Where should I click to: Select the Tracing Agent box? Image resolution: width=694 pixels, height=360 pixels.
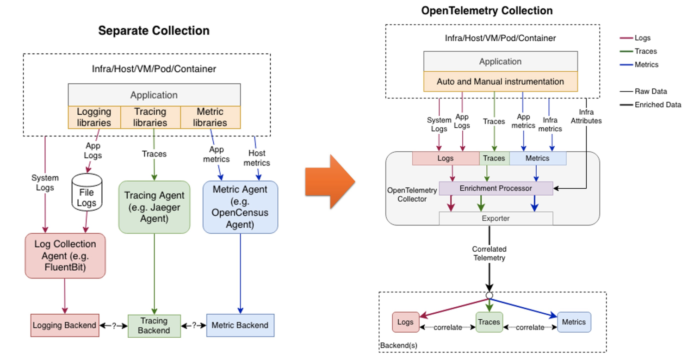(x=154, y=207)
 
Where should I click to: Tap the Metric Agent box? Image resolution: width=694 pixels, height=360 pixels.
(x=240, y=207)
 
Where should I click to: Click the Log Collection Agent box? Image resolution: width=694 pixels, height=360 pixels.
(x=65, y=255)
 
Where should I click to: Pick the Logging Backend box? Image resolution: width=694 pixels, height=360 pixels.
(x=64, y=325)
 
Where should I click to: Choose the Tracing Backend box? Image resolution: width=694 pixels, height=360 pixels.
(x=154, y=326)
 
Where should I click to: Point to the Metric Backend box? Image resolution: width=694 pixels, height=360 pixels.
(x=240, y=325)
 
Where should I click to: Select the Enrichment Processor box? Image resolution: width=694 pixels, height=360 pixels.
(x=496, y=188)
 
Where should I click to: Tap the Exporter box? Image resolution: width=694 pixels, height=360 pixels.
(x=496, y=218)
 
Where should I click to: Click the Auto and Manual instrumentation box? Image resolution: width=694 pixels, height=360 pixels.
(x=500, y=81)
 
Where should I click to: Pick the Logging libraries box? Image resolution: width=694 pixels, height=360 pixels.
(x=94, y=117)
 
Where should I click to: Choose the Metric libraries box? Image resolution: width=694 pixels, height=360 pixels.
(x=210, y=117)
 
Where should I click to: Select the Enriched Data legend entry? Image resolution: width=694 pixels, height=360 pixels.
(x=657, y=105)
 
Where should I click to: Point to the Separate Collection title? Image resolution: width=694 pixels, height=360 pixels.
(x=154, y=31)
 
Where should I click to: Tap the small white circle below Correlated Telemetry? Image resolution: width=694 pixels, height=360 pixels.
(x=489, y=295)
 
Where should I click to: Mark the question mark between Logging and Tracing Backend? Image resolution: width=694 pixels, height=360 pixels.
(x=114, y=325)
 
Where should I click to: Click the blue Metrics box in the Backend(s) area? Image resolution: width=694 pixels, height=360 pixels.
(x=574, y=322)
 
